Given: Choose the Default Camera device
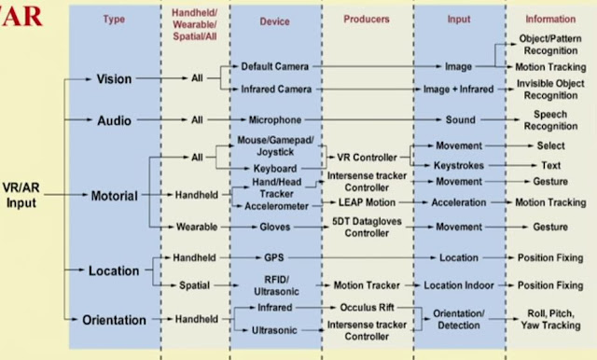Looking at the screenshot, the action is [x=274, y=67].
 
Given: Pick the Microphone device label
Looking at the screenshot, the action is [x=274, y=120].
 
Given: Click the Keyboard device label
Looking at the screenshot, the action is [x=274, y=169].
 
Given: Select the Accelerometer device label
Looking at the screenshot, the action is [x=276, y=204].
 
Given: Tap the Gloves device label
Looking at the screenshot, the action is [x=274, y=227].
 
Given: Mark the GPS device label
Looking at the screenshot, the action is [x=274, y=256].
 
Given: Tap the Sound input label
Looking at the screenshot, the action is [x=458, y=120].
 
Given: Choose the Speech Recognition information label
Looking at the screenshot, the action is [x=549, y=120].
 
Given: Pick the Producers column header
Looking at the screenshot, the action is [x=366, y=19].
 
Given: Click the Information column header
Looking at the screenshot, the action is [x=549, y=19].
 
